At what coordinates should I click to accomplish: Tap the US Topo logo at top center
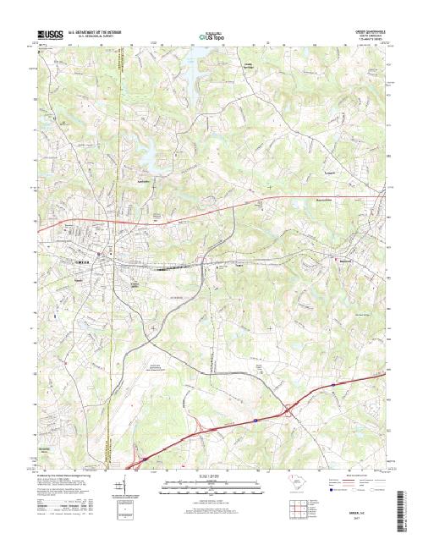click(211, 36)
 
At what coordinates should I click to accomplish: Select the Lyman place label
click(332, 175)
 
